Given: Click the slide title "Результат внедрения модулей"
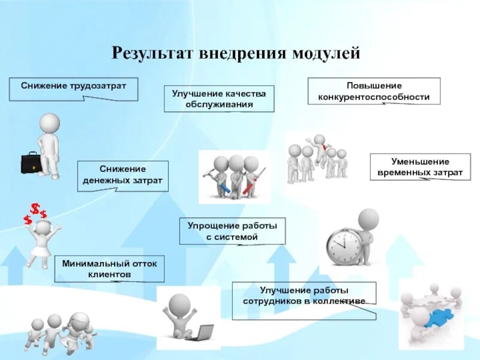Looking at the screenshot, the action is [x=236, y=53].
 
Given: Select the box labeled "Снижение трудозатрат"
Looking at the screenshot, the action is [x=73, y=88].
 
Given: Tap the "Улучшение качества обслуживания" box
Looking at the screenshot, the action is [x=219, y=98].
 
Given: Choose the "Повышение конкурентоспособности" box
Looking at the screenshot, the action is [x=374, y=91].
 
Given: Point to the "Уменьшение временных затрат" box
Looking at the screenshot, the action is [x=419, y=167].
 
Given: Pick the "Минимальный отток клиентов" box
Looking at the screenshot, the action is [x=109, y=268].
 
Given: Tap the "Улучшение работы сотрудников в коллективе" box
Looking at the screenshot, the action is [x=304, y=295].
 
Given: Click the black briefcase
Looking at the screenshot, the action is [x=31, y=163].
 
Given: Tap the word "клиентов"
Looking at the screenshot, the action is [x=109, y=274].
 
